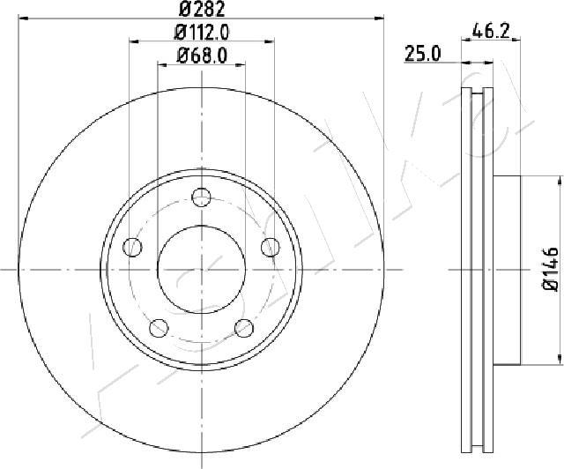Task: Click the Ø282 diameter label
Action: click(x=202, y=9)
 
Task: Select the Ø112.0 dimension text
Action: click(x=202, y=33)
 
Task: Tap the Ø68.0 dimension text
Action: click(x=202, y=56)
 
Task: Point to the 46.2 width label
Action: click(x=491, y=31)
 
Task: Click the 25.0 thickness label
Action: click(x=423, y=54)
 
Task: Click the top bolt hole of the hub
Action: click(x=202, y=197)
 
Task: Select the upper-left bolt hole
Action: click(x=132, y=247)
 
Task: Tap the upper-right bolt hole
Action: click(x=271, y=247)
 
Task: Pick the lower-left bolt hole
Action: click(x=159, y=328)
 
